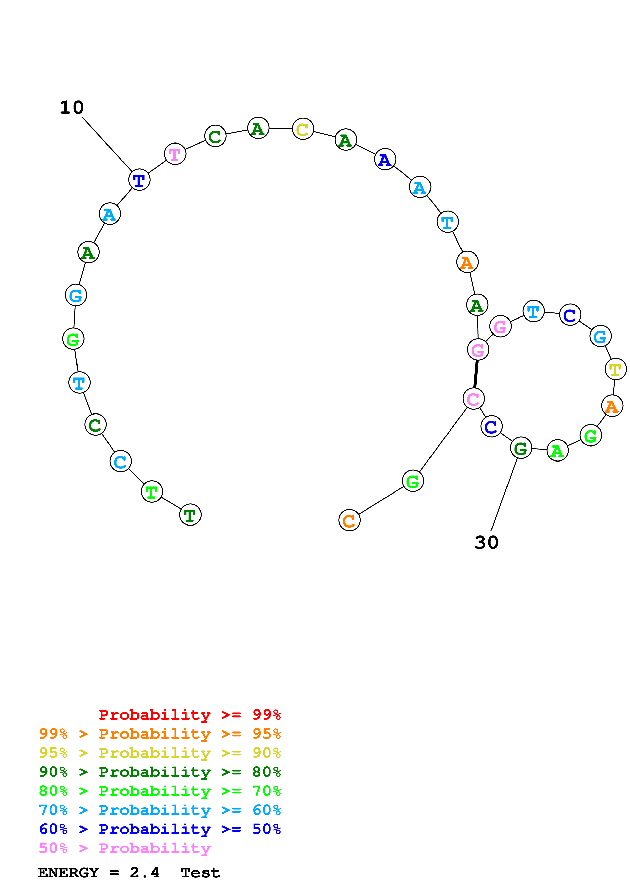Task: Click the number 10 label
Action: (x=72, y=107)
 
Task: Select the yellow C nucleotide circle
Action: (x=302, y=129)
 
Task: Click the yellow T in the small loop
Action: (x=615, y=370)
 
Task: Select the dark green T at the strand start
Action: (x=190, y=515)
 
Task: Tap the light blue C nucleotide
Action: (x=120, y=462)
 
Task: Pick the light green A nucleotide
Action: (x=557, y=451)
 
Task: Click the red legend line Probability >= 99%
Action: (x=189, y=714)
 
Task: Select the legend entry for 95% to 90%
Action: (x=160, y=753)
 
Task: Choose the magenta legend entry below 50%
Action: (x=125, y=848)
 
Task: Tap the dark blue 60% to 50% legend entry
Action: (x=160, y=829)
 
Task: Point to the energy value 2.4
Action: (x=144, y=873)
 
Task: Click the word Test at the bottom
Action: (x=200, y=873)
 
